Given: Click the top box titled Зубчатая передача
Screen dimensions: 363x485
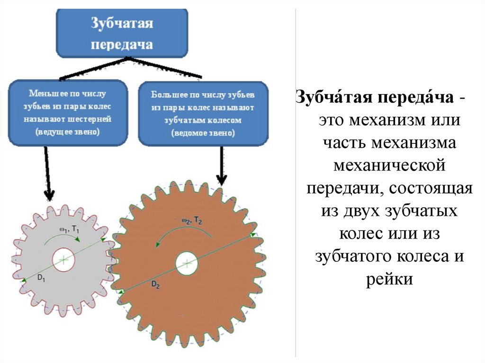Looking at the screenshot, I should [122, 33].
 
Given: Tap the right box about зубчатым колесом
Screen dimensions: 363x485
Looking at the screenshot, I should [203, 114].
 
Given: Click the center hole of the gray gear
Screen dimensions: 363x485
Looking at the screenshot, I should [63, 259].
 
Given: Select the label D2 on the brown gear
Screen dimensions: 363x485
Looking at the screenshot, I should [156, 284].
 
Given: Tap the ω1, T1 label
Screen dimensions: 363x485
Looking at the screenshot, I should [70, 229].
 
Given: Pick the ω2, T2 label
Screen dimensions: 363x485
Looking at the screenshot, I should [192, 220].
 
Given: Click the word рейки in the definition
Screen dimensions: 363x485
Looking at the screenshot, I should [390, 279].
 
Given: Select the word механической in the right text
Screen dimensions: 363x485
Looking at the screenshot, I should [390, 166].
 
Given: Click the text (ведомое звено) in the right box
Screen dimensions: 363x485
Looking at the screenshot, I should [203, 133].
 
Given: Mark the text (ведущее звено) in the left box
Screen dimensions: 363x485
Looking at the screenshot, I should [68, 132].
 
